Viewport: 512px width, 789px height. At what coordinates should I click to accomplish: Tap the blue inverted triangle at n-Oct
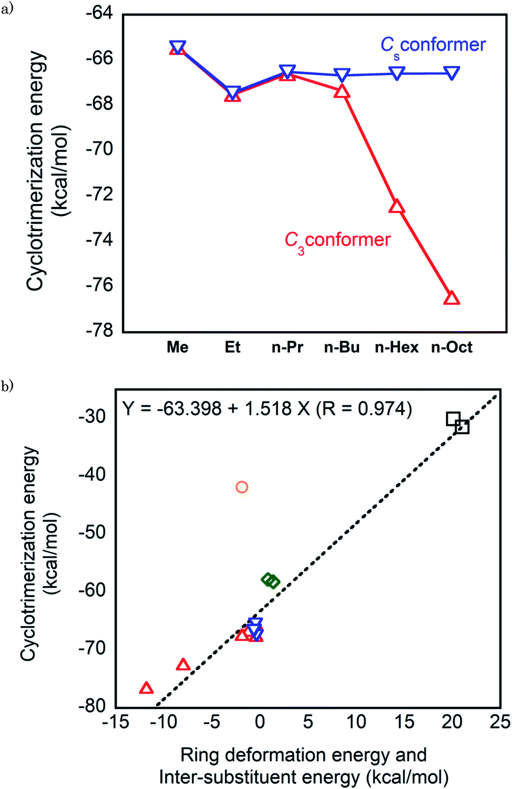(x=451, y=73)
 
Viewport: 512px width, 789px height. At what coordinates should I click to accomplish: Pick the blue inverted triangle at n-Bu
(x=342, y=75)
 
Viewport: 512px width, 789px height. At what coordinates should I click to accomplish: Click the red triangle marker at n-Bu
(x=342, y=91)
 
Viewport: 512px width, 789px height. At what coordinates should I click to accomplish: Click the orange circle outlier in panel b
(x=242, y=487)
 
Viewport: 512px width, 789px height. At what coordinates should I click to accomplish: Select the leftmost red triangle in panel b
(x=146, y=688)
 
